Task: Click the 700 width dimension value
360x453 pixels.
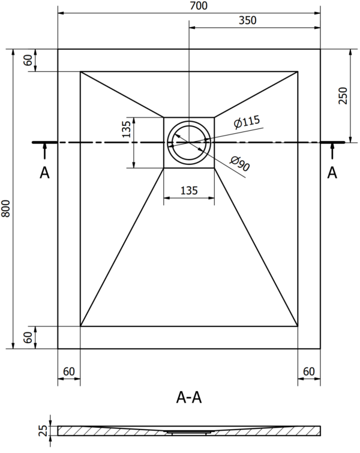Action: (199, 6)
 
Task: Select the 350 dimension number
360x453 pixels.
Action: (248, 20)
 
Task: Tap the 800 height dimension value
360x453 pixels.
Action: (6, 208)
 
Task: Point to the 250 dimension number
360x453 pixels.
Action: (343, 95)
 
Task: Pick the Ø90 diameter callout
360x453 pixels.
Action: (240, 163)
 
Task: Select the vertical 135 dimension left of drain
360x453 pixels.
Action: (126, 129)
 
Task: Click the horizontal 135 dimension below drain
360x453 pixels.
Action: (189, 191)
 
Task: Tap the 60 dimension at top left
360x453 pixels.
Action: (28, 61)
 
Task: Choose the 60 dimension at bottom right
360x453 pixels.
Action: (309, 371)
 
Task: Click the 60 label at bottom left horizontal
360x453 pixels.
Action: (69, 371)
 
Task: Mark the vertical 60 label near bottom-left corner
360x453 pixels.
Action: (28, 337)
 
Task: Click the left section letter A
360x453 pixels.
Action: (44, 173)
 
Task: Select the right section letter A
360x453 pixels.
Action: (332, 173)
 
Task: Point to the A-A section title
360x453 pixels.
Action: (189, 398)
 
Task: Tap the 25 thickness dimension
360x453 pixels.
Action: (43, 430)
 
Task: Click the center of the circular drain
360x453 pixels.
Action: (189, 142)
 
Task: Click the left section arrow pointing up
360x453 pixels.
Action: (44, 151)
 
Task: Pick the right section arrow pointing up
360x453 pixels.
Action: (332, 151)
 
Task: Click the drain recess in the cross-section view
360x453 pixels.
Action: (189, 432)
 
